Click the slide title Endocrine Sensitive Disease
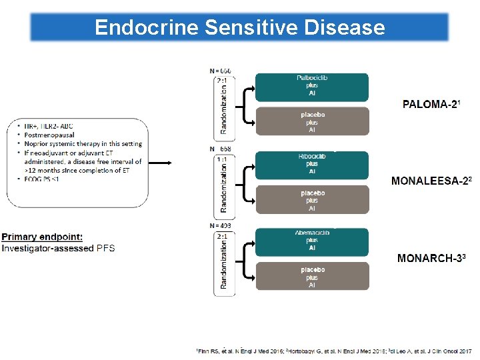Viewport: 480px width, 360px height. (239, 27)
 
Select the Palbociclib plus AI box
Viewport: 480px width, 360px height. (311, 86)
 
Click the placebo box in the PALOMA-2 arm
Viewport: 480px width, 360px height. (311, 122)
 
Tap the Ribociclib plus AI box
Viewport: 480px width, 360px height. (311, 164)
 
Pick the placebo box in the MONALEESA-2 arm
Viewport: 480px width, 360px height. (311, 200)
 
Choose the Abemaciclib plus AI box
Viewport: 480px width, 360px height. (311, 241)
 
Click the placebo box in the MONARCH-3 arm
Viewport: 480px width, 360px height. (311, 277)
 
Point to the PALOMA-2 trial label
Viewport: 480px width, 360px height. (432, 104)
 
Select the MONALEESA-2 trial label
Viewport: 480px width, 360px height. (431, 181)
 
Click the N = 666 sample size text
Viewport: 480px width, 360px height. (221, 70)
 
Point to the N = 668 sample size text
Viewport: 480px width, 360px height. (221, 149)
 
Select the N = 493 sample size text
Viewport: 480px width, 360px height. (221, 226)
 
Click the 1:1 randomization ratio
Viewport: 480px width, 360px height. (221, 159)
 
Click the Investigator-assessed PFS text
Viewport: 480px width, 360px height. (58, 248)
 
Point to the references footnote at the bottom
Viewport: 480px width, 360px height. (333, 350)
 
